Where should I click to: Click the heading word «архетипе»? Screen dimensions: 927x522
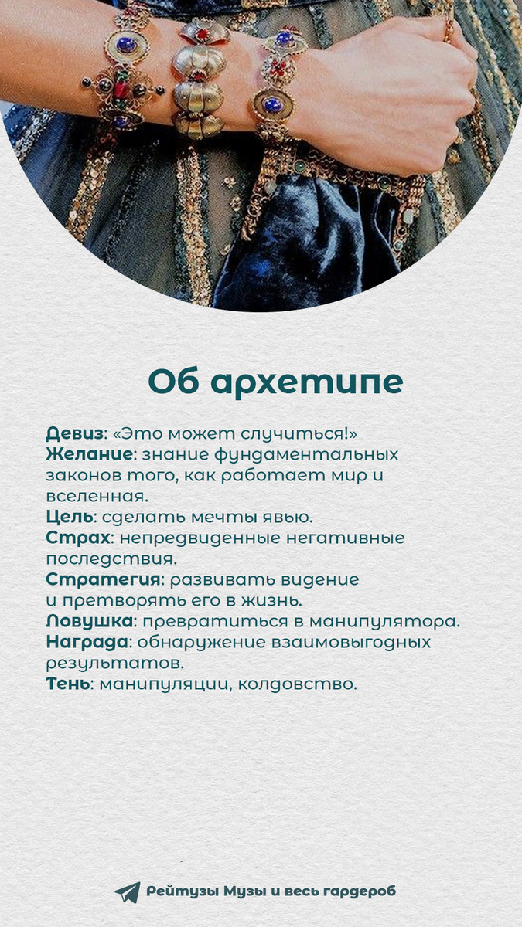(307, 382)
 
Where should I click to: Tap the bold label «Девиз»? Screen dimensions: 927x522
(74, 433)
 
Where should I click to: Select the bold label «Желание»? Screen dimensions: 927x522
(89, 454)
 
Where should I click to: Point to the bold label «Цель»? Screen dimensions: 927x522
(69, 517)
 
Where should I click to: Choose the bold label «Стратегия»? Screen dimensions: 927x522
(104, 579)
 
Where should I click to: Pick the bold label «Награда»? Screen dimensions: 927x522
(86, 642)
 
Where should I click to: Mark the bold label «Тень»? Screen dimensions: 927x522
(67, 684)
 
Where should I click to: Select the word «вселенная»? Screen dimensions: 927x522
(96, 496)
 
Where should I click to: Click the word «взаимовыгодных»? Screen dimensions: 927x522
(344, 642)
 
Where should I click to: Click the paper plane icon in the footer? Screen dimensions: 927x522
(128, 892)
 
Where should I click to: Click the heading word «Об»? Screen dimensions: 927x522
(175, 382)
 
